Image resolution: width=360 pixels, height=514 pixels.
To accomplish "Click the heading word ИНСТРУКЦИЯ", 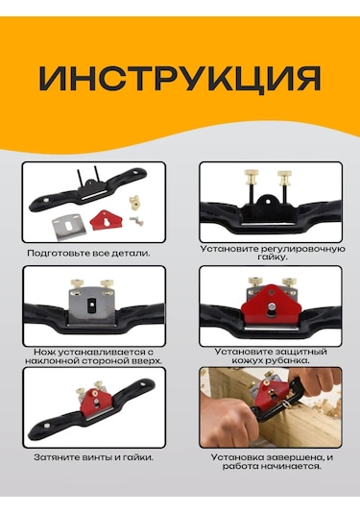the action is tap(180, 79).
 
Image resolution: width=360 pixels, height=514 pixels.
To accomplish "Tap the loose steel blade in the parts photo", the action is tap(70, 227).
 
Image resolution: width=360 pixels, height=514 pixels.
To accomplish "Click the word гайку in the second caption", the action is tap(272, 257).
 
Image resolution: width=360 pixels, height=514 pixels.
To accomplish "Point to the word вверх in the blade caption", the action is tap(146, 361).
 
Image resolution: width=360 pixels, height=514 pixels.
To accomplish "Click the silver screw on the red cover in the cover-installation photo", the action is tap(272, 306).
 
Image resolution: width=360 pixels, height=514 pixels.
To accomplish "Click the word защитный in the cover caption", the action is tap(300, 352).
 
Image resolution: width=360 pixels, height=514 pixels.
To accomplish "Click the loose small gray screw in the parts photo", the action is tap(135, 221).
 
